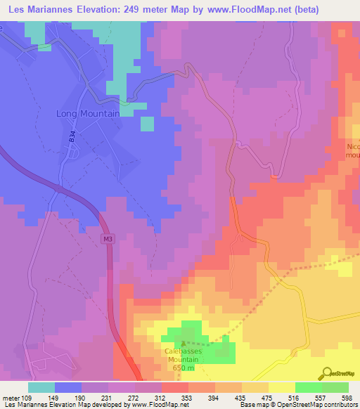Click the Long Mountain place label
[87, 112]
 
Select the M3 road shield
[107, 240]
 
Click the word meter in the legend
[11, 398]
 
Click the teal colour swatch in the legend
[41, 387]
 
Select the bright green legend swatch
[308, 387]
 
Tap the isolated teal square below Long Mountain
[146, 124]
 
